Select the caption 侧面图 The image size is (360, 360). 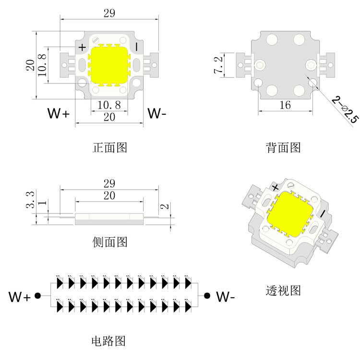(110, 242)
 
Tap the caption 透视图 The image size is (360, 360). (283, 290)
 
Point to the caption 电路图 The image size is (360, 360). (108, 341)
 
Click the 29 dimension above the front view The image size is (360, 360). (109, 13)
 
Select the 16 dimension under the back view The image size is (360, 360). (285, 105)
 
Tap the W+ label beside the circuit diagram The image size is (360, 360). (20, 297)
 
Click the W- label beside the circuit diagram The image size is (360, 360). (225, 297)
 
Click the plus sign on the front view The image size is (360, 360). (83, 47)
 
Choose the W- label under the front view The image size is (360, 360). (157, 114)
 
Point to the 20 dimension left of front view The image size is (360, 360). (30, 65)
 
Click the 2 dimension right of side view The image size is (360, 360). (164, 207)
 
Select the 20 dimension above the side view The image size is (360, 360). (109, 196)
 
